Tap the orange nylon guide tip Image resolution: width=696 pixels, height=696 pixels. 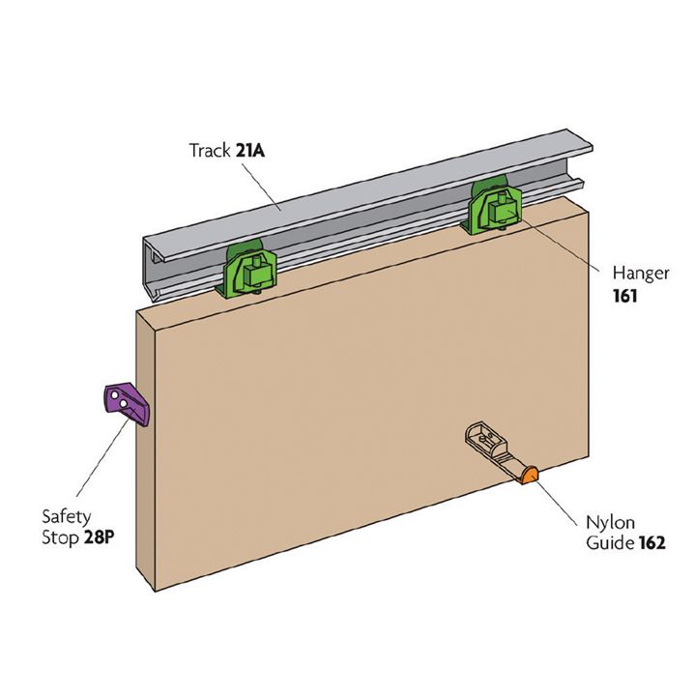[529, 475]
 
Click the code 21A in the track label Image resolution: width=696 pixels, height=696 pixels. [253, 151]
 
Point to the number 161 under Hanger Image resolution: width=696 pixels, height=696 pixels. [625, 296]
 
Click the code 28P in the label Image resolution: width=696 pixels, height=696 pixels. [96, 533]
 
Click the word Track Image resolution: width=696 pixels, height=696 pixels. [210, 151]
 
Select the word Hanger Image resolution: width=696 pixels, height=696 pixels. [640, 274]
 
